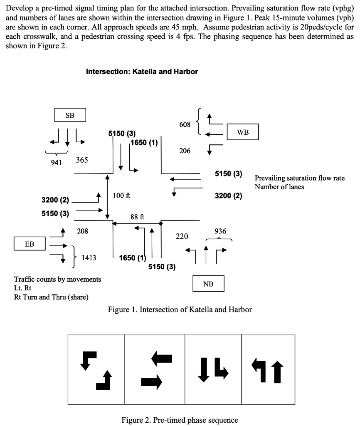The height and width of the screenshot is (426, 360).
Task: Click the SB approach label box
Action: pos(70,115)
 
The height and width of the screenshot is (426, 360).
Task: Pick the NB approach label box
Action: pos(208,284)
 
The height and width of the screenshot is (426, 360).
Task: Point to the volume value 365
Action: pos(82,160)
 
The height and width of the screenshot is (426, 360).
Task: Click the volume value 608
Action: pos(185,124)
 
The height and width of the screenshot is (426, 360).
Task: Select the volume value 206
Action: pos(185,151)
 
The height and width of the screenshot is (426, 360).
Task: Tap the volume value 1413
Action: pos(89,258)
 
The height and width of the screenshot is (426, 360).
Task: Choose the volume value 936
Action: pos(220,231)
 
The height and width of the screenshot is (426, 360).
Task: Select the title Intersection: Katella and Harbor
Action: pos(142,72)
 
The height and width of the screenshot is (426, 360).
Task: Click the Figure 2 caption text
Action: pos(180,420)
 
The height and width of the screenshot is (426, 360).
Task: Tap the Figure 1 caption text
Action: pos(180,309)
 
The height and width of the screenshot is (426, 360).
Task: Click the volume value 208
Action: pos(82,231)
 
